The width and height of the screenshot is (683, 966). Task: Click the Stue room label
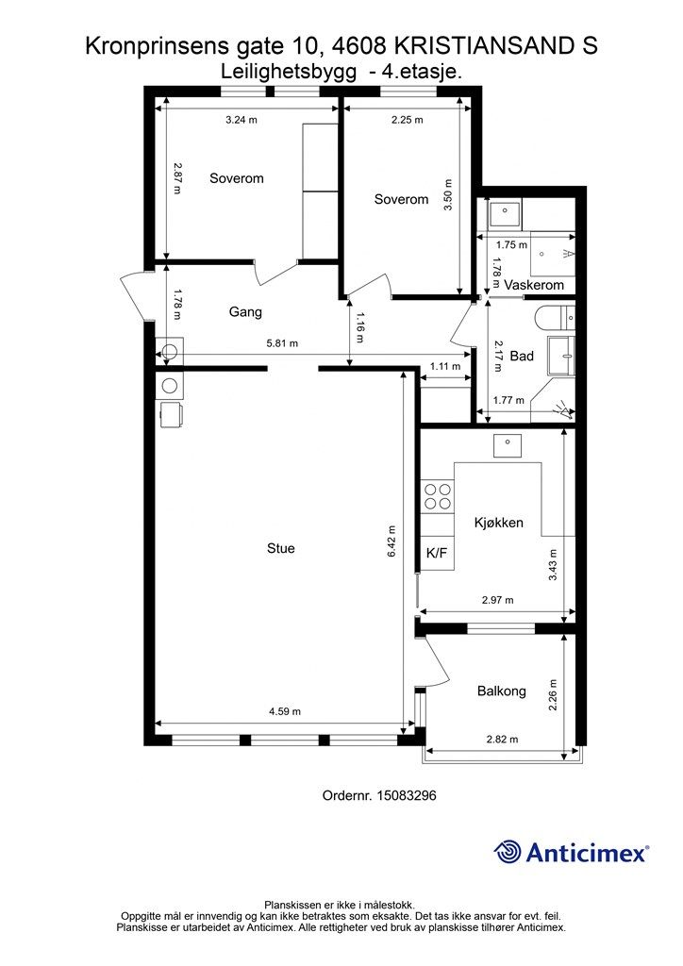pos(281,548)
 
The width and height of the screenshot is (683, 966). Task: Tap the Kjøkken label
pos(499,523)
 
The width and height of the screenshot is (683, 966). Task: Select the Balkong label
pos(502,691)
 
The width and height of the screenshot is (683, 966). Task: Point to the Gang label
pos(245,311)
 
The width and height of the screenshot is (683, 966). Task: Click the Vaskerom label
pos(534,285)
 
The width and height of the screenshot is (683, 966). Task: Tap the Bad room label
pos(522,356)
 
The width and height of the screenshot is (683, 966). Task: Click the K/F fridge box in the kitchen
pos(437,553)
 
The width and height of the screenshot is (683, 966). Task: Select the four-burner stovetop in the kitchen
pos(438,496)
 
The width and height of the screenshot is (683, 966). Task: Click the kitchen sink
pos(507,445)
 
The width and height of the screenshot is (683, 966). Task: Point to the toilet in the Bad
pos(555,318)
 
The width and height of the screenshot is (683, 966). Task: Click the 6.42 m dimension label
pos(392,541)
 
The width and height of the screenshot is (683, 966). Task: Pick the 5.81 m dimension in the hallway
pos(282,343)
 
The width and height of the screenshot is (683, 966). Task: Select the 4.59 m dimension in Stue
pos(285,711)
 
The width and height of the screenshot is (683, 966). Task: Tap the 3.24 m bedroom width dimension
pos(242,120)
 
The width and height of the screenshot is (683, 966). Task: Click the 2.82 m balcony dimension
pos(502,740)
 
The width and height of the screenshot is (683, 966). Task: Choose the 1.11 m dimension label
pos(445,366)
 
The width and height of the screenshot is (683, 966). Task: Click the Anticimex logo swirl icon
pos(508,852)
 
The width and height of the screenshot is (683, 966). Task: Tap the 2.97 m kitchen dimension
pos(497,600)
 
